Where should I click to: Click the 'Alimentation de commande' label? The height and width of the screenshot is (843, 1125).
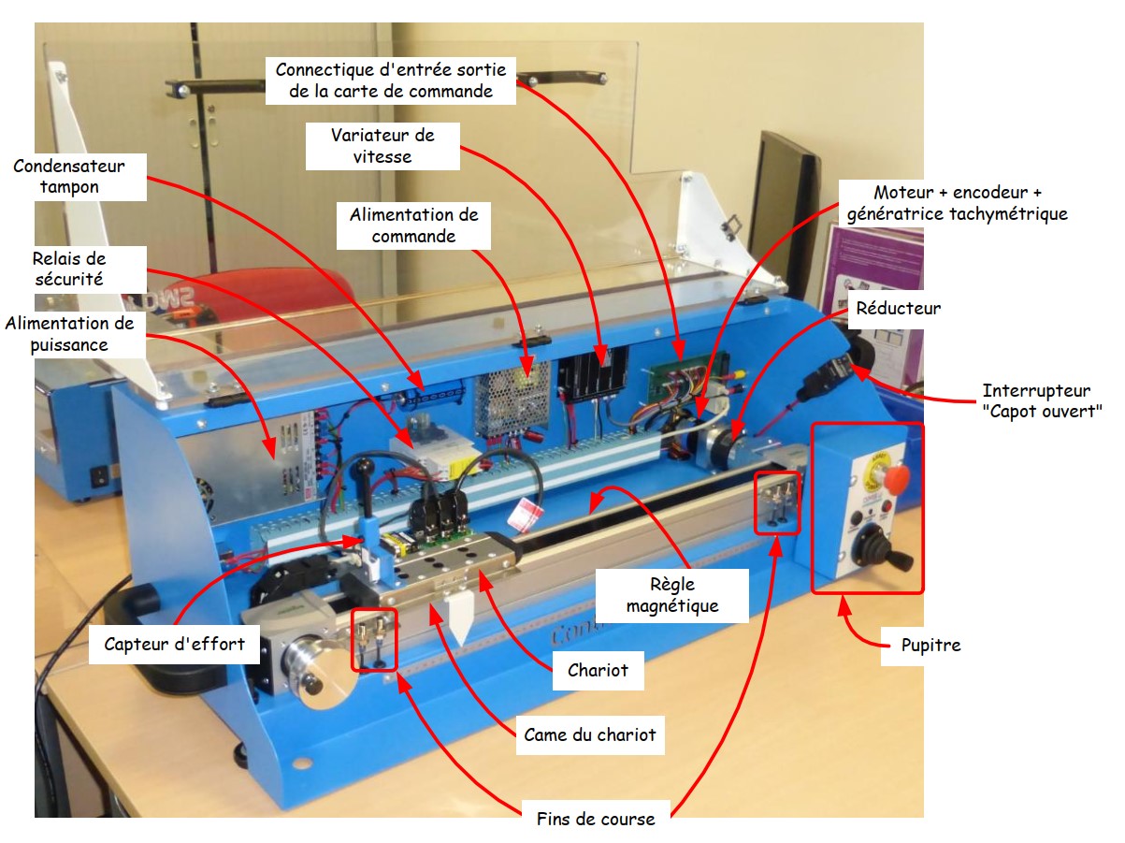click(x=413, y=225)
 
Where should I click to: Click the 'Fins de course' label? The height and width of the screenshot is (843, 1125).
click(x=596, y=819)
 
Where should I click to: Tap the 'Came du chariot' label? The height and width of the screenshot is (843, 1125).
click(x=590, y=734)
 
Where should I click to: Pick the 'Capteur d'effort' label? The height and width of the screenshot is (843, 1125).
click(x=174, y=643)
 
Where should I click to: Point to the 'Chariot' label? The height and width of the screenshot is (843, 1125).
click(x=598, y=670)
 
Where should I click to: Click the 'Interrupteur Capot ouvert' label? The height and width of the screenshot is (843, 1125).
click(x=1042, y=400)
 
